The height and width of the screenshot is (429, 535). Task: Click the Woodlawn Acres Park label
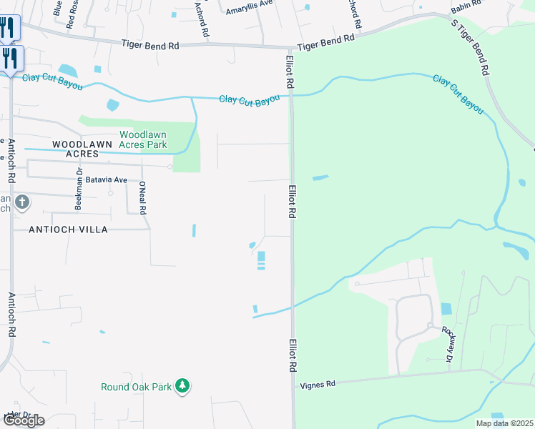(143, 139)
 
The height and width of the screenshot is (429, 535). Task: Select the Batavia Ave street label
(106, 179)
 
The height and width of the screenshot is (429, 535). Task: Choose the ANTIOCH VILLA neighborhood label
(68, 230)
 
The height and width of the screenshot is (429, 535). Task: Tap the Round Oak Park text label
(137, 387)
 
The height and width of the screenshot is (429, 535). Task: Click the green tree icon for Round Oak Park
(183, 386)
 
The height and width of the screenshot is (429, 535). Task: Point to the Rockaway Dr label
(448, 342)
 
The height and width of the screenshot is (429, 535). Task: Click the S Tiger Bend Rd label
(471, 46)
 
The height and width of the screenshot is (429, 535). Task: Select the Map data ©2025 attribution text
(504, 423)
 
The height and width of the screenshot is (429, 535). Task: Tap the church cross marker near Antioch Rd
(21, 203)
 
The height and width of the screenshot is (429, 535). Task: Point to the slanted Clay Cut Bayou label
(458, 94)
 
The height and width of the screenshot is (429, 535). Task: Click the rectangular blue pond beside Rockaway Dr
(446, 309)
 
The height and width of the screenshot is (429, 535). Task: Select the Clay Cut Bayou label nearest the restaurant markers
(52, 81)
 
